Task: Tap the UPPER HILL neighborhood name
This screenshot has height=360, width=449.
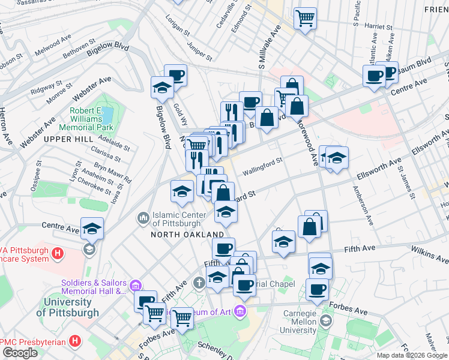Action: click(67, 139)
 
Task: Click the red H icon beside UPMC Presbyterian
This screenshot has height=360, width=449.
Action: click(75, 341)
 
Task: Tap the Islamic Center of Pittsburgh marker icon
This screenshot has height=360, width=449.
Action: click(143, 217)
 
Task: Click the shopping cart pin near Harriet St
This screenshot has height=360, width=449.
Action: click(306, 18)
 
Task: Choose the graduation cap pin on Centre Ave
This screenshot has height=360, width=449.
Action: click(92, 229)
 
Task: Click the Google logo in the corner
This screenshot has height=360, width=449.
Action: click(20, 353)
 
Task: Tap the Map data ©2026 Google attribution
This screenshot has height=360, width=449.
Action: click(412, 355)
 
